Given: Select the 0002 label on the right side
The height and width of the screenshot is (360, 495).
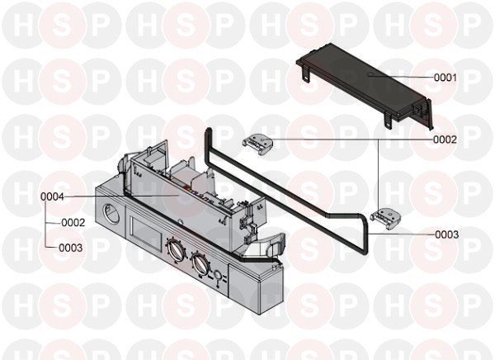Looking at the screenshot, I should tap(445, 140).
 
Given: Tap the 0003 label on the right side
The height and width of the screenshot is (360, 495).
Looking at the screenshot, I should tap(446, 234).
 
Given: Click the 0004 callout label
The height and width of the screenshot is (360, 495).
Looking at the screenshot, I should tap(53, 197).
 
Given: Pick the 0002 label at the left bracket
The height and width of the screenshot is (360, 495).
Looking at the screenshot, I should tap(73, 222).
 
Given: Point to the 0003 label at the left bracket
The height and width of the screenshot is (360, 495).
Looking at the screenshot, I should tap(72, 247).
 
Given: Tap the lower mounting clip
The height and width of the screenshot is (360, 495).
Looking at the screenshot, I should tap(385, 216).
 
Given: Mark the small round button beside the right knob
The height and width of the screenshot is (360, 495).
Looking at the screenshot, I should tap(217, 277).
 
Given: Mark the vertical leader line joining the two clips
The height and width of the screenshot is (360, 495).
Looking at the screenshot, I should tap(379, 173).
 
